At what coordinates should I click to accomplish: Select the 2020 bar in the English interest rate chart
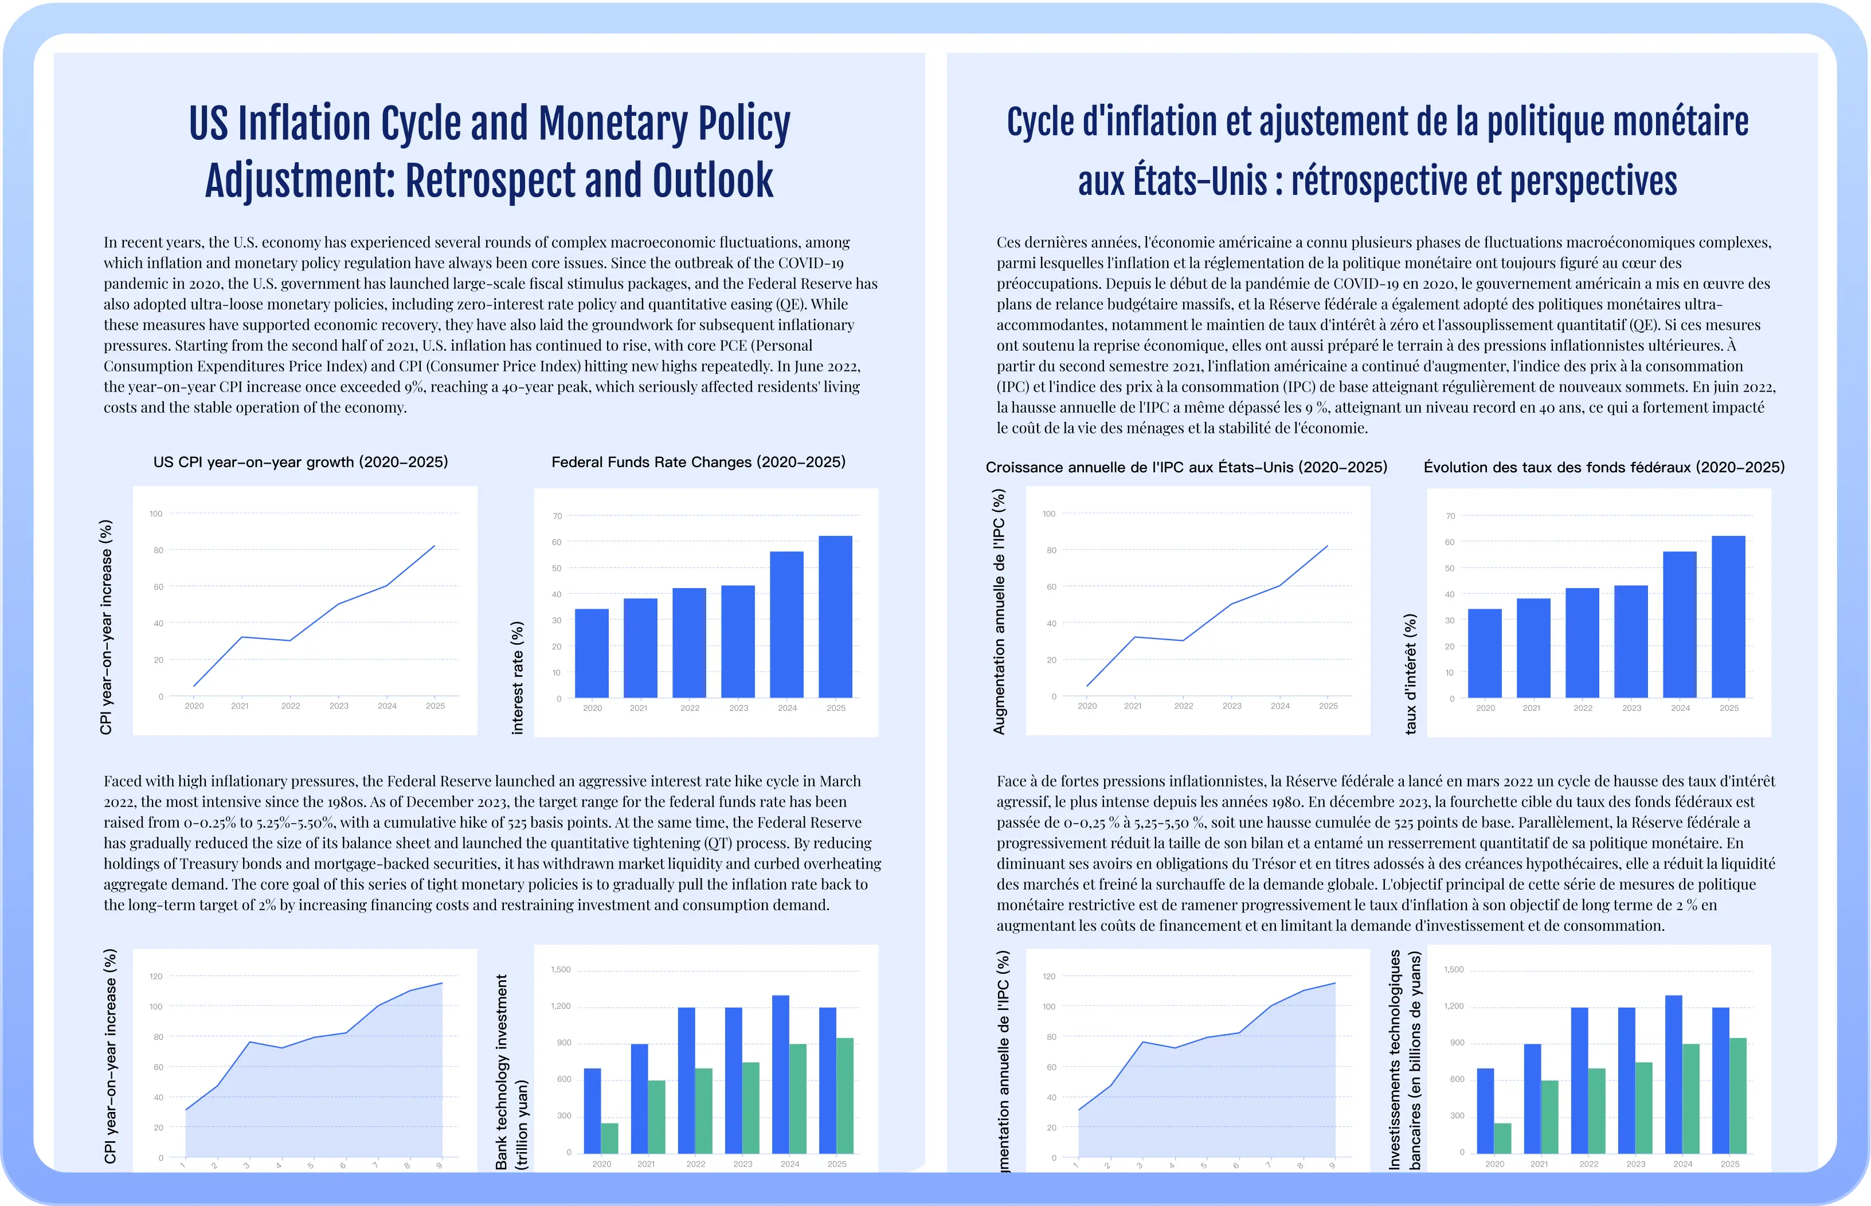(x=592, y=653)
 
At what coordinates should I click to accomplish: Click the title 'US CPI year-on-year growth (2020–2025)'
(x=301, y=462)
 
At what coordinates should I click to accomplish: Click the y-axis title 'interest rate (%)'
(x=517, y=678)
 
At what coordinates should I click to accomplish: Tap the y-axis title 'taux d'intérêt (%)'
(x=1411, y=674)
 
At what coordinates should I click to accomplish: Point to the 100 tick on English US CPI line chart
(x=156, y=514)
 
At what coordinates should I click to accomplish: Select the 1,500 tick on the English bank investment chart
(x=561, y=969)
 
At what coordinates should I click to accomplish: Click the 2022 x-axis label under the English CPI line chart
(x=291, y=706)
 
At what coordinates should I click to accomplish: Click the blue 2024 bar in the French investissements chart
(x=1674, y=1074)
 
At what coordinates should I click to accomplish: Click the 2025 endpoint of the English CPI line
(x=435, y=546)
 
